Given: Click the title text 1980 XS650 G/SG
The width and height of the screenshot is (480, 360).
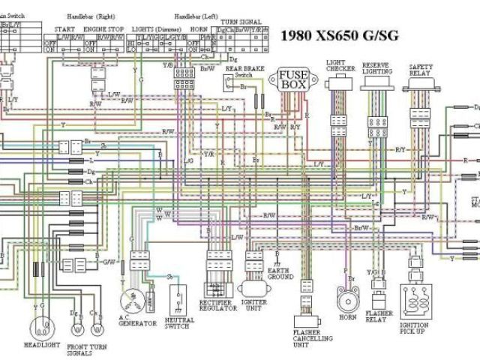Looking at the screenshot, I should [339, 34].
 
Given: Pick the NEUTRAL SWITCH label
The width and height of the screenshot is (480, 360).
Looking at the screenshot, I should [178, 322].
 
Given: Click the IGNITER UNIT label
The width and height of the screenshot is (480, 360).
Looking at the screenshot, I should [253, 306].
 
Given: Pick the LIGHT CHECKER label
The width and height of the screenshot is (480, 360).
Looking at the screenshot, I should [340, 66].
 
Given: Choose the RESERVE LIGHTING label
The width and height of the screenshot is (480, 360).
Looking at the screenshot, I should [377, 68].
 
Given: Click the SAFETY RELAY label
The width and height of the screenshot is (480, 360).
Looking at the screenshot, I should [421, 70].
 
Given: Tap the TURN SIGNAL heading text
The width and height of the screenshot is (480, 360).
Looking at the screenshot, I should [240, 22].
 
